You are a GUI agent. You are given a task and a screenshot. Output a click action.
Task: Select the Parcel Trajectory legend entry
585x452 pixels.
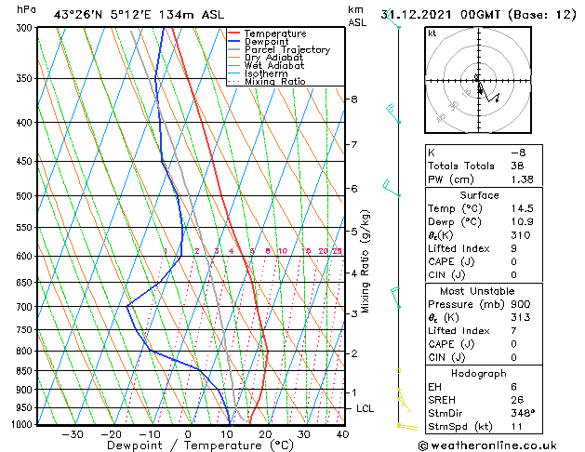(x=286, y=50)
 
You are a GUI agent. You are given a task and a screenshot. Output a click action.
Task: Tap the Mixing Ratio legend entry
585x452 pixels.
(x=274, y=82)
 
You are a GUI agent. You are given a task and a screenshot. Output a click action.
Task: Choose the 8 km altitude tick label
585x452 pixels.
(x=354, y=99)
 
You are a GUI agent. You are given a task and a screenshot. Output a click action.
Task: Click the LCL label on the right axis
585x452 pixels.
(x=366, y=408)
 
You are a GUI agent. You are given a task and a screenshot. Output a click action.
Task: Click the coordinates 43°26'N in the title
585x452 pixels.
(x=76, y=14)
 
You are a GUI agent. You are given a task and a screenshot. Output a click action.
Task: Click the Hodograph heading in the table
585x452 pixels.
(x=479, y=373)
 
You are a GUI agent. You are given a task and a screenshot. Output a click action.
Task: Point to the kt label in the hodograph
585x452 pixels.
(x=432, y=33)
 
